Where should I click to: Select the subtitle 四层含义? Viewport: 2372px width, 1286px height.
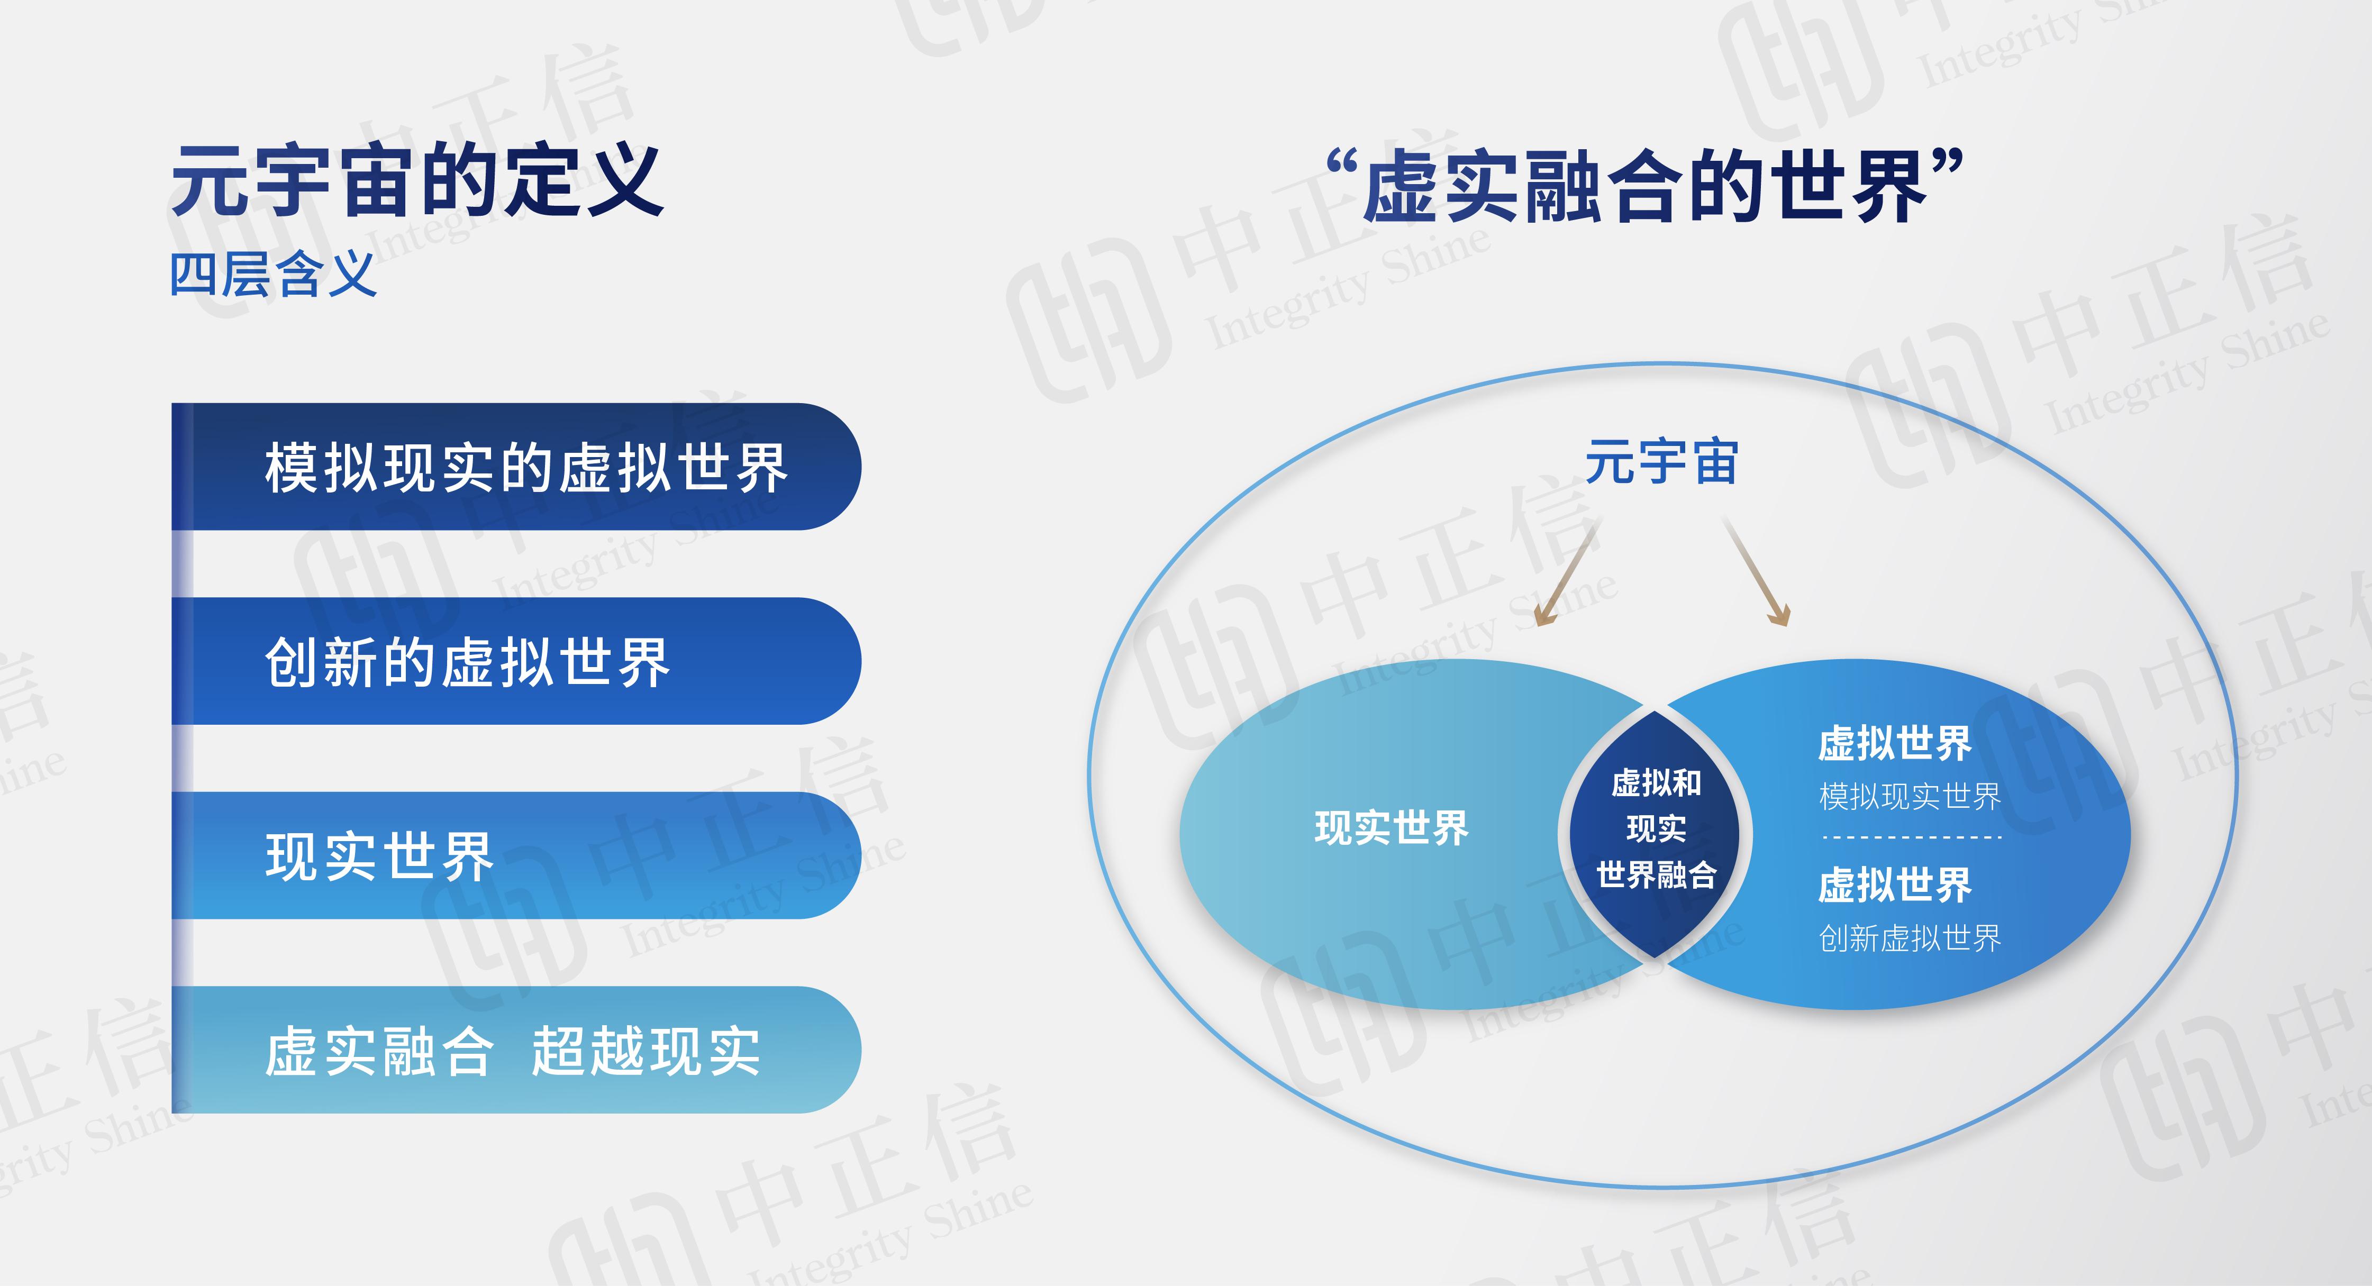[x=274, y=275]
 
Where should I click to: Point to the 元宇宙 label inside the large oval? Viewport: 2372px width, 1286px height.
[x=1661, y=462]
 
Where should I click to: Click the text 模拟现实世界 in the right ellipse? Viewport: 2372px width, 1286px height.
[x=1910, y=796]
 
